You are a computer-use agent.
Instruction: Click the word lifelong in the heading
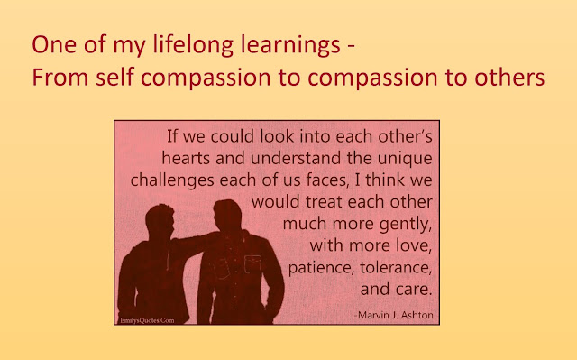point(193,45)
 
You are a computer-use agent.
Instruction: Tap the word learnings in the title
point(290,45)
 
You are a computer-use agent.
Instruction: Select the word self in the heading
point(114,78)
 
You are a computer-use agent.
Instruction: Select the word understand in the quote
point(296,158)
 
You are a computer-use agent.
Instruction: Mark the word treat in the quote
point(325,202)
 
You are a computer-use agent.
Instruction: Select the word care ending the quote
point(414,290)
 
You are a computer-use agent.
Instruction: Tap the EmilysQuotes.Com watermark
point(147,320)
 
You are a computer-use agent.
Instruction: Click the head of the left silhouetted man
point(160,222)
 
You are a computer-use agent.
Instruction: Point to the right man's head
point(227,216)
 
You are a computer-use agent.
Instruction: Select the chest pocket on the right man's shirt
point(252,264)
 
